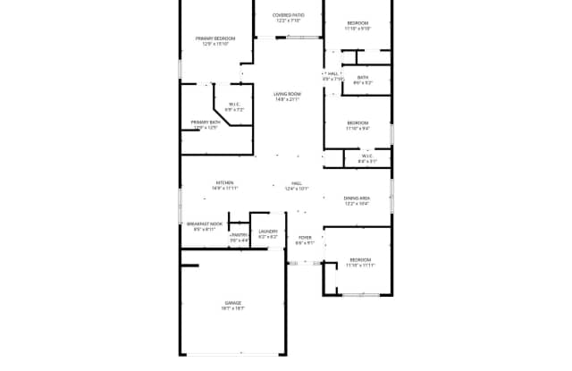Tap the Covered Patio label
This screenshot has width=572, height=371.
point(288,15)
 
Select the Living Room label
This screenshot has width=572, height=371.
point(287,94)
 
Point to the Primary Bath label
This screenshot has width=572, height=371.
point(206,122)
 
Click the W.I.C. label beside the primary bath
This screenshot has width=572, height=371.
point(234,104)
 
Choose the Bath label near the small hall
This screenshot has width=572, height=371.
point(363,77)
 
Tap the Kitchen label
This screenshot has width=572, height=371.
point(224,182)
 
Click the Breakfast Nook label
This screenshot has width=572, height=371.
point(205,223)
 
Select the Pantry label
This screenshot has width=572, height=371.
point(240,234)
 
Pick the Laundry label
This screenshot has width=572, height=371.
point(268,232)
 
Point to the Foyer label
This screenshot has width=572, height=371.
point(305,237)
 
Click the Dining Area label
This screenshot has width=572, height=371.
point(357,198)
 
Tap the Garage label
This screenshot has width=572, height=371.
point(232,303)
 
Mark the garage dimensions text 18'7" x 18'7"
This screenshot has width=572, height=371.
point(232,308)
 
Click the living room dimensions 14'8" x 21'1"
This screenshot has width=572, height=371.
point(287,99)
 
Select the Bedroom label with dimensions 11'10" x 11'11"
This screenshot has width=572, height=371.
point(360,259)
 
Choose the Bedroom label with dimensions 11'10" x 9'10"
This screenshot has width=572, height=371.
point(357,22)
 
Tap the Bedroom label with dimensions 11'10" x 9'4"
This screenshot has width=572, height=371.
point(357,122)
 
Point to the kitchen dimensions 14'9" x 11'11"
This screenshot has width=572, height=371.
point(224,189)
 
